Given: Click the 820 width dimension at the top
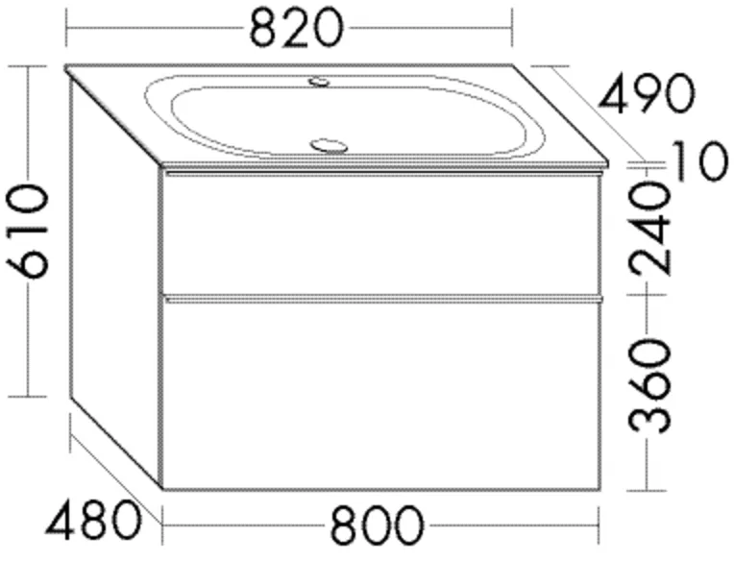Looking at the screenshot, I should coord(295,29).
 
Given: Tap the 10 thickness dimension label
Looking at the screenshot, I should coord(695,160).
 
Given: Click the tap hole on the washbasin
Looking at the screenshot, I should coord(317,83).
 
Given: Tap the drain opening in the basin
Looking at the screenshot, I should coord(329,146).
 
